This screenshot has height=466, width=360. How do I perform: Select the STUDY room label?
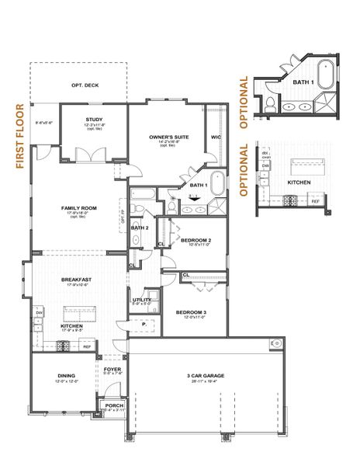[x=93, y=120]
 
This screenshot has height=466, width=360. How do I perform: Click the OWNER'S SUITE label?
[x=169, y=137]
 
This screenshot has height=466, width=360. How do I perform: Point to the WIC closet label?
[x=216, y=137]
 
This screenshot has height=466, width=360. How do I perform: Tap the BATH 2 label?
[x=139, y=227]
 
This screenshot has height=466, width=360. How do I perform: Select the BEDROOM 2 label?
[x=196, y=241]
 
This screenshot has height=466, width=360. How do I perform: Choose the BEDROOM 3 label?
[x=191, y=312]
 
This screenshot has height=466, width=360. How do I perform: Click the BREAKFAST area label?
[x=77, y=280]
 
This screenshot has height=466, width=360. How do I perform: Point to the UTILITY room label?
[x=141, y=299]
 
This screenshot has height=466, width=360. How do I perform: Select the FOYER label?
[x=113, y=369]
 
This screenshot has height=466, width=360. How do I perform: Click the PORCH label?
[x=113, y=405]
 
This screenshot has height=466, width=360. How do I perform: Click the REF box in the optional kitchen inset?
[x=315, y=200]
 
